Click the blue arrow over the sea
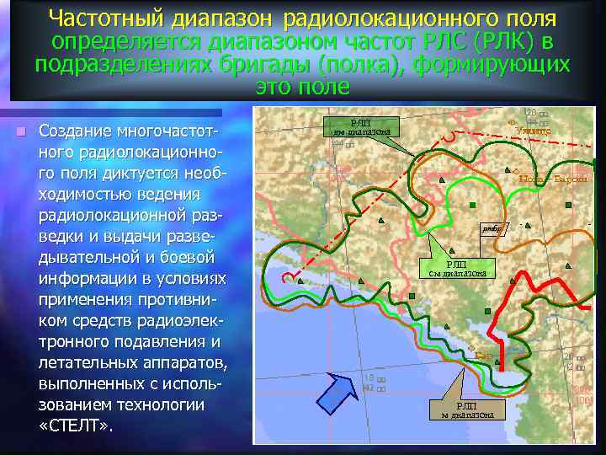pyautogui.click(x=335, y=392)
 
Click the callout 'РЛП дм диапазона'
pyautogui.click(x=359, y=126)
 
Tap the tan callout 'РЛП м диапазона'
pyautogui.click(x=467, y=409)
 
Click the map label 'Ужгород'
pyautogui.click(x=534, y=130)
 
